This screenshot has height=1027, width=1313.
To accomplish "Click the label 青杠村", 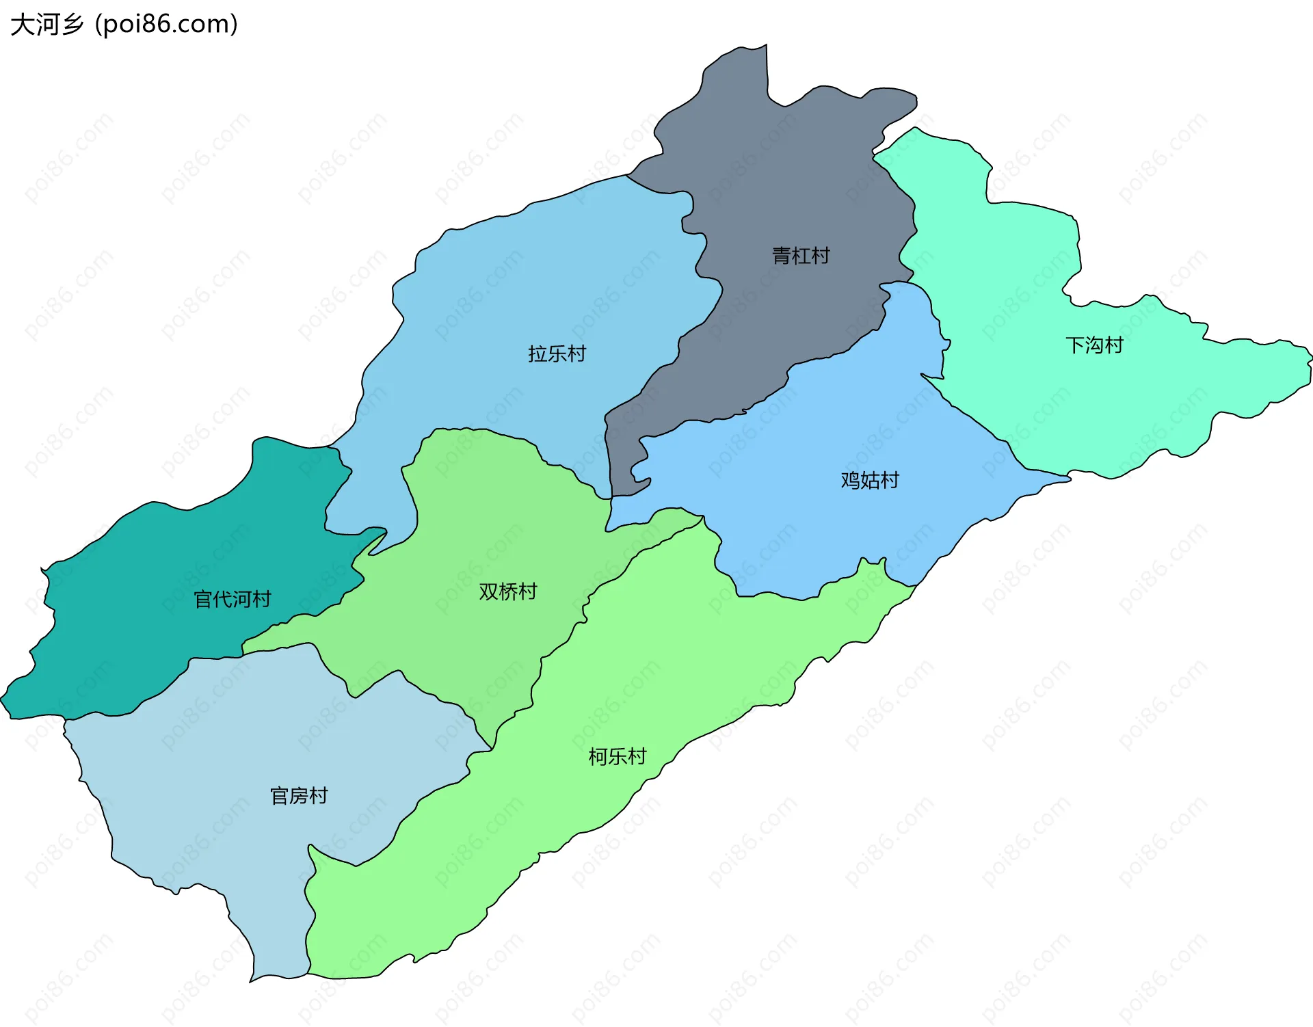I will pos(801,256).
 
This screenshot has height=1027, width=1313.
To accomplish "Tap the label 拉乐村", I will pos(557,354).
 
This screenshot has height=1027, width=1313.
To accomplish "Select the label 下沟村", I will pos(1094,345).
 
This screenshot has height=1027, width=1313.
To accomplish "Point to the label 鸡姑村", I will pos(870,480).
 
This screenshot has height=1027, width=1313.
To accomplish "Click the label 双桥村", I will pos(507,591).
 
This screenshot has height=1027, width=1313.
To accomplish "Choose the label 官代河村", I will pos(233,600).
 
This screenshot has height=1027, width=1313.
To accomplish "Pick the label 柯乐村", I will pos(618,756).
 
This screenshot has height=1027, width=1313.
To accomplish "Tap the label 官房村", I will pos(299,796).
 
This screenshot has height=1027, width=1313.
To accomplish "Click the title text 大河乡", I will pos(47,25).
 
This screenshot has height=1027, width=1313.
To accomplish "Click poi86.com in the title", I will pos(166,25).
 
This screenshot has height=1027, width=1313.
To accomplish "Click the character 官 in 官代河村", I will pos(204,600).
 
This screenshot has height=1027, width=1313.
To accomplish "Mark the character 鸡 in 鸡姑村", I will pos(851,480).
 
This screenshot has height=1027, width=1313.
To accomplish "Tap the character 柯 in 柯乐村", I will pos(598,756).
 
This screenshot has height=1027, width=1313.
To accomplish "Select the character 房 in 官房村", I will pos(299,796).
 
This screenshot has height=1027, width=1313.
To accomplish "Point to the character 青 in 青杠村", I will pos(782,256).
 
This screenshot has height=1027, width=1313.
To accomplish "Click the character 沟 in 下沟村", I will pos(1094,345).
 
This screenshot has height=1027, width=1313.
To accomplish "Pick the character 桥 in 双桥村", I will pos(507,591).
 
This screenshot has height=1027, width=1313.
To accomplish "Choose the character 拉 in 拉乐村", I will pos(538,354).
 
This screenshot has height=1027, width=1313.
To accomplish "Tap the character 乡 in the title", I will pos(71,25).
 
